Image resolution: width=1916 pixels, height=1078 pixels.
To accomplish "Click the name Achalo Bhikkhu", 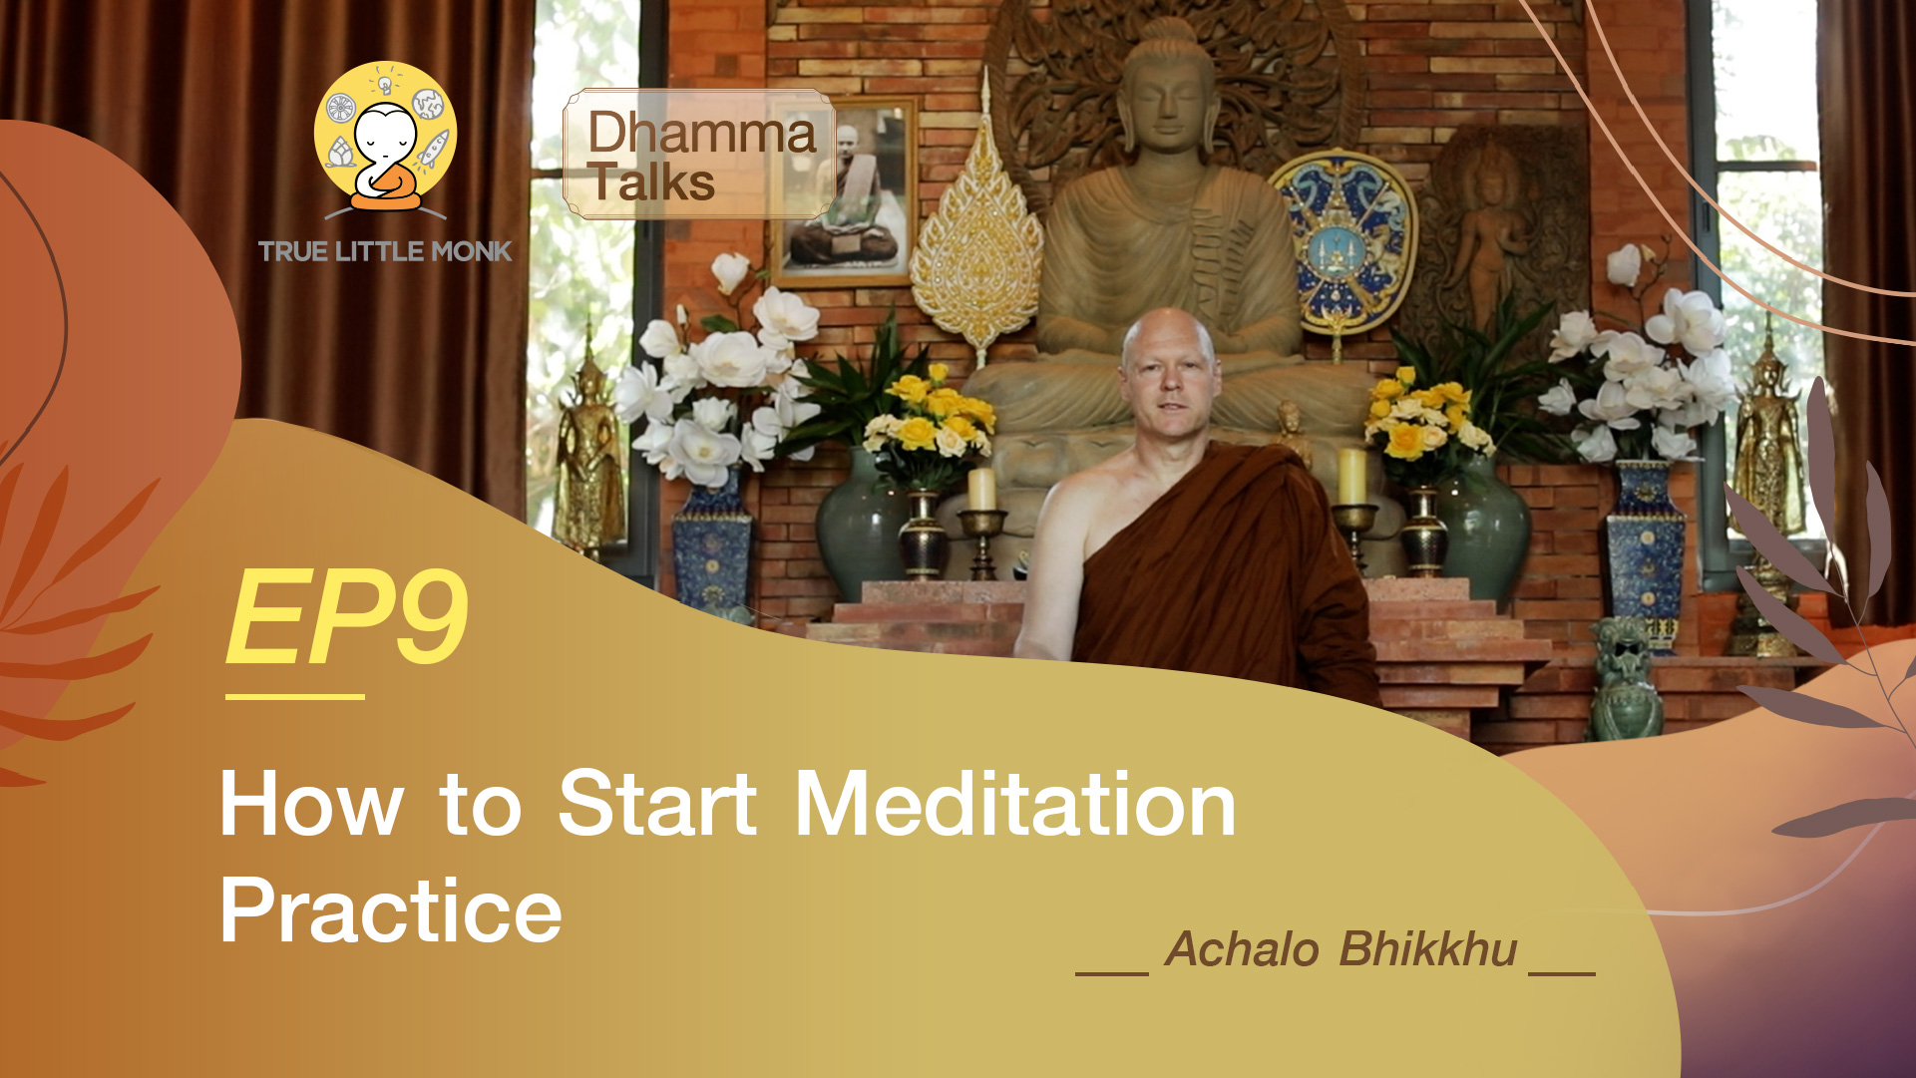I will coord(1341,948).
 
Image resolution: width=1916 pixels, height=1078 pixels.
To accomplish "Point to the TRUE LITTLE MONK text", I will coord(385,251).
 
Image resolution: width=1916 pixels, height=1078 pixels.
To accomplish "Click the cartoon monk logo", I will coord(385,140).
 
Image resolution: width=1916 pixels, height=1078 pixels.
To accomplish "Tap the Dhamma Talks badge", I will coord(698,155).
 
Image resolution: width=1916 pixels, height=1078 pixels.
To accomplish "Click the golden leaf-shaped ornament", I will coord(977,239).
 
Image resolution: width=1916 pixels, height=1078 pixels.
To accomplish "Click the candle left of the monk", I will coord(981,489).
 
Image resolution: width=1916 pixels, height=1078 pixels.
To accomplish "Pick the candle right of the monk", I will coord(1352,477).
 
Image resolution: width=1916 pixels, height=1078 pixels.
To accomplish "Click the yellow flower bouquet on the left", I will coord(930,419).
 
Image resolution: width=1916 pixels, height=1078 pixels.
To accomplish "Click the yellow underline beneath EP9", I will coord(294,696).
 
